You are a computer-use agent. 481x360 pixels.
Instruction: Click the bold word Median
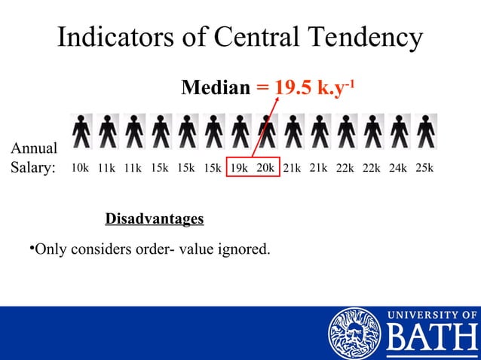pos(216,90)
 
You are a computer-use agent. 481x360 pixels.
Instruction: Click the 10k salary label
pos(81,168)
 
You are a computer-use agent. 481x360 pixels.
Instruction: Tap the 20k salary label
pos(265,167)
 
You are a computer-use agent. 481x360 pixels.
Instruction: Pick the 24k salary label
pos(397,168)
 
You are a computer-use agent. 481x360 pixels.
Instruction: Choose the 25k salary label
pos(424,167)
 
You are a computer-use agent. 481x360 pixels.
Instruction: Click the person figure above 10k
pos(81,132)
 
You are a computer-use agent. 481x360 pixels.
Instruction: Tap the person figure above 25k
pos(426,132)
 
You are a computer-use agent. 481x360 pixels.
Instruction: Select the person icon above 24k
pos(400,132)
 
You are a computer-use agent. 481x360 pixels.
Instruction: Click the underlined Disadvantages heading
pos(155,219)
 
